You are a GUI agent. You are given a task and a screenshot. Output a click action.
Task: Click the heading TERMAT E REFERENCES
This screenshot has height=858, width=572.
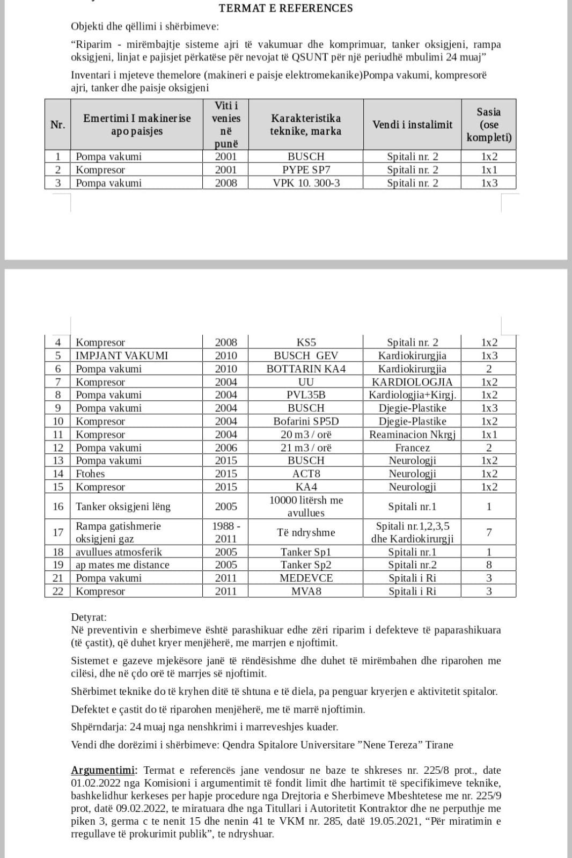point(285,8)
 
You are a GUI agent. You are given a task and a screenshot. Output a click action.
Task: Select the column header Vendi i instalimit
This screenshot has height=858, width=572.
point(412,124)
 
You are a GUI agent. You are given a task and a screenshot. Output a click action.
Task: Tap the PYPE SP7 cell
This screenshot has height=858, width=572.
point(306,170)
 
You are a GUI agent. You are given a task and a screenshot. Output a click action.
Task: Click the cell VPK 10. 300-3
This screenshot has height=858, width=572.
point(306,183)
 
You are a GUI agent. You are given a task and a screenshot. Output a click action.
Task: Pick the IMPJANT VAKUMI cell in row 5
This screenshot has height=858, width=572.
point(122,355)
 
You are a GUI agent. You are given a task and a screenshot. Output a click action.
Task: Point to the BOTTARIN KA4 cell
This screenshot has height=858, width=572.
point(306,369)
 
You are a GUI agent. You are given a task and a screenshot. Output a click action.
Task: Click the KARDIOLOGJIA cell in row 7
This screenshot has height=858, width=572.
point(412,382)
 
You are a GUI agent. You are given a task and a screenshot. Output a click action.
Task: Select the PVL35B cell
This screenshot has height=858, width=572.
point(306,395)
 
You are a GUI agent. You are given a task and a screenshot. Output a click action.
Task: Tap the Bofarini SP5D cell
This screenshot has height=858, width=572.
point(306,421)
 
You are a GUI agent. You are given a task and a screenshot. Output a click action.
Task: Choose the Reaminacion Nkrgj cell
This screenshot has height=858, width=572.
point(412,434)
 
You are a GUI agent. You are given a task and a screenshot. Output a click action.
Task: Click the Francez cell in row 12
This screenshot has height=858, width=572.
point(412,448)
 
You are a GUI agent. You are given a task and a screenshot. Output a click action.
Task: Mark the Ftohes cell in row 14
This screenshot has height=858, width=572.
point(90,474)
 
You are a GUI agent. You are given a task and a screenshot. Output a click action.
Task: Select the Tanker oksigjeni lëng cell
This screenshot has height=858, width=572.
point(123,507)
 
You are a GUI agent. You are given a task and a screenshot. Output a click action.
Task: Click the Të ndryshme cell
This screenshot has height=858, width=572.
point(306,532)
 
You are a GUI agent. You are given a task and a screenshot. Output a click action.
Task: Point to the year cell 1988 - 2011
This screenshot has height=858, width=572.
point(226,532)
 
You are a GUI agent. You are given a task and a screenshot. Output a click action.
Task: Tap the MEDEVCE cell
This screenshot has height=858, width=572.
point(306,578)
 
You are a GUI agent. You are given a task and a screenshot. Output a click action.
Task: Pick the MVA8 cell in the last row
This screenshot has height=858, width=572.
point(306,591)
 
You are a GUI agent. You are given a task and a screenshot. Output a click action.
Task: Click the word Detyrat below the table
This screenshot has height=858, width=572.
point(89,618)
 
